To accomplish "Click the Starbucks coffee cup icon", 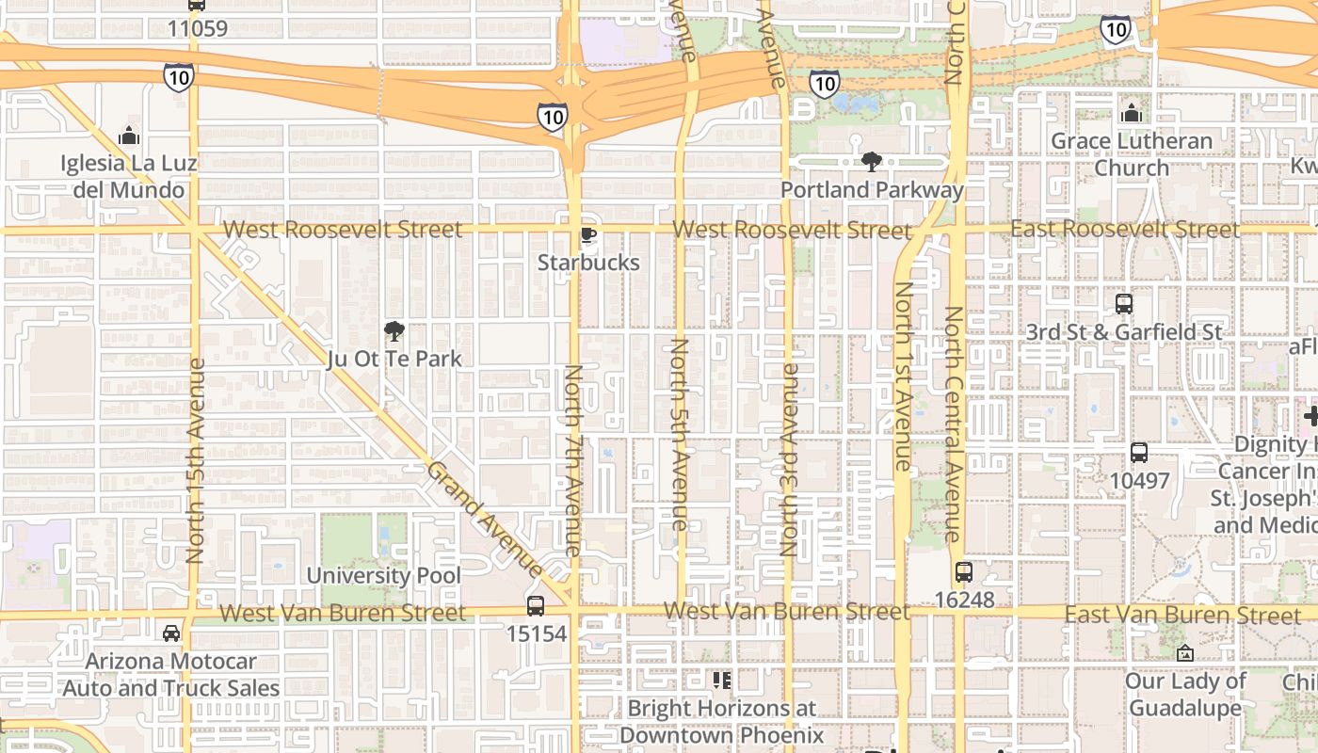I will pos(588,235).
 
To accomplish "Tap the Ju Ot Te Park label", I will pos(394,359).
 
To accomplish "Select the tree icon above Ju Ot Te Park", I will pos(394,330).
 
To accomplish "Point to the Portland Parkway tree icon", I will pos(872,162).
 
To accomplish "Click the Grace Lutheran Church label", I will pos(1132,154).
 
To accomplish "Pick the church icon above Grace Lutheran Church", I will pos(1132,114).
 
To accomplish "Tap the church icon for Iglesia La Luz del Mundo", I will pos(129,136).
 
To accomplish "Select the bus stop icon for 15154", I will pos(536,605).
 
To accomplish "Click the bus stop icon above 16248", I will pos(963,571).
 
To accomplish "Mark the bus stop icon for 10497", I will pos(1139,453).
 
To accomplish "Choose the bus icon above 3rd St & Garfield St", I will pos(1124,304).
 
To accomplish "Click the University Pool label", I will pos(384,575).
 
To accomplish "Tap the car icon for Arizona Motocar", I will pos(171,633).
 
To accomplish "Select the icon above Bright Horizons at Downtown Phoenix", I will pos(721,680).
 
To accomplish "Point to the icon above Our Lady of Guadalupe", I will pos(1185,652).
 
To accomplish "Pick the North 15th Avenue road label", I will pos(196,461).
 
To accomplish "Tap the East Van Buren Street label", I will pos(1182,615).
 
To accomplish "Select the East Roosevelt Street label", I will pos(1125,229).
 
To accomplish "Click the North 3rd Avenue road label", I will pos(790,459).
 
